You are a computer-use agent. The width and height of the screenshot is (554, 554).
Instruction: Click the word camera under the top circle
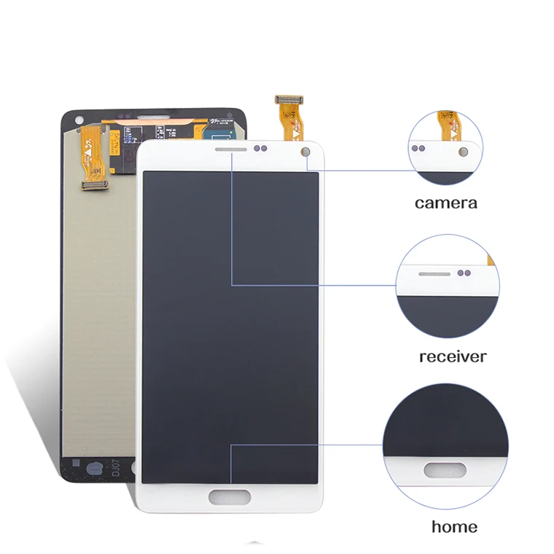pos(446,203)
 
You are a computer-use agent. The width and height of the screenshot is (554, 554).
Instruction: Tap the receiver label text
pos(452,356)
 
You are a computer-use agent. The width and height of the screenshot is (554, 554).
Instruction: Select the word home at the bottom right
pos(454,526)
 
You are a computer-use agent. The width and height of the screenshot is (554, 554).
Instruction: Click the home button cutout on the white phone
pos(229,498)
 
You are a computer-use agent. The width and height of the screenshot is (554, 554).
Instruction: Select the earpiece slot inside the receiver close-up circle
pos(434,273)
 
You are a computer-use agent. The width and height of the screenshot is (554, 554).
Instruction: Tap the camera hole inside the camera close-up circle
pos(461,151)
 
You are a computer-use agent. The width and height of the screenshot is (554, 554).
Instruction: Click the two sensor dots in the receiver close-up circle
pos(464,273)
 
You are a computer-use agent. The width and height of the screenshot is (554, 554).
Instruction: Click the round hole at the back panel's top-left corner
pos(76,118)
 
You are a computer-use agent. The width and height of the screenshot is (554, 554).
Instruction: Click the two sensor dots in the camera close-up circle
pos(418,147)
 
